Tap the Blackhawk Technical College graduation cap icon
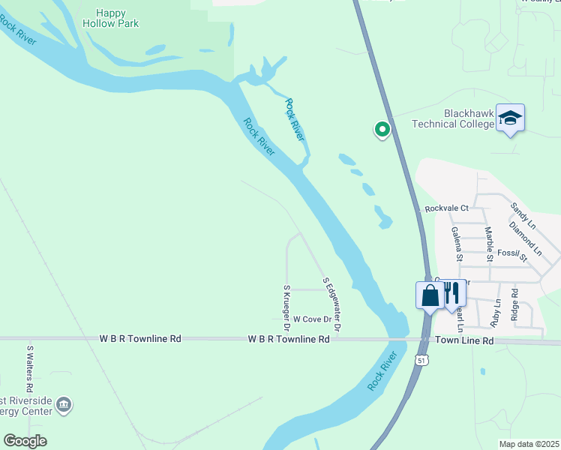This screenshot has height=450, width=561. tap(511, 118)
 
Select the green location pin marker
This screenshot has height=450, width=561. tap(382, 130)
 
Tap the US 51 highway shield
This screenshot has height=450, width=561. tap(421, 361)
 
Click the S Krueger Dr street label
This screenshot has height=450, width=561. tap(286, 307)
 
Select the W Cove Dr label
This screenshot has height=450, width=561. tap(312, 319)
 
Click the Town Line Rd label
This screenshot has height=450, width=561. tap(465, 340)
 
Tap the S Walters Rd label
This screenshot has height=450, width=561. tap(30, 369)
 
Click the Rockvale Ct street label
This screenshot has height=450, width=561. tap(445, 208)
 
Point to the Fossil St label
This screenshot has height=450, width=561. tap(513, 253)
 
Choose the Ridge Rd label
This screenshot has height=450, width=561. tap(514, 304)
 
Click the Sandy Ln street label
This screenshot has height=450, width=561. tap(523, 215)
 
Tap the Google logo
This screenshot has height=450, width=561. tap(25, 441)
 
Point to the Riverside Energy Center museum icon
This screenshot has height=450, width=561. tap(64, 405)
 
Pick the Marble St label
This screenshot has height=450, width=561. tap(488, 243)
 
